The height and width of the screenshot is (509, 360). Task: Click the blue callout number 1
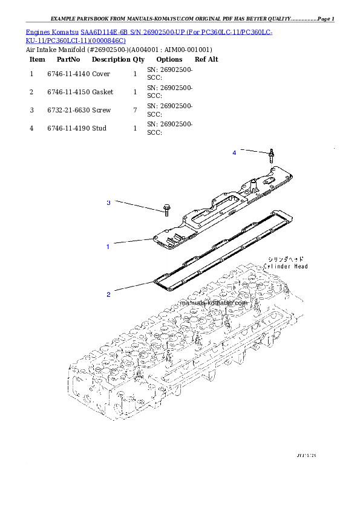pos(108,247)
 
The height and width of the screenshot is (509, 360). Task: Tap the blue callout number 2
pos(108,295)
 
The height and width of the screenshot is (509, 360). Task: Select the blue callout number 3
pos(108,203)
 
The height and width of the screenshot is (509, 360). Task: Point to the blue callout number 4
pos(234,153)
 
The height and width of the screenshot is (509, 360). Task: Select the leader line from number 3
pos(138,206)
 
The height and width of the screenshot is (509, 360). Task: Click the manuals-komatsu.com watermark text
pos(214,303)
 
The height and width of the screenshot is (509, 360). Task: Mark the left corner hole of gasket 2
pos(158,280)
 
